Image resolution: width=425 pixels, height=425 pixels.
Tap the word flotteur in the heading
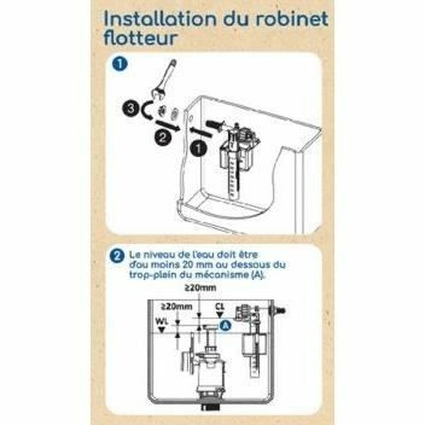pos(140,38)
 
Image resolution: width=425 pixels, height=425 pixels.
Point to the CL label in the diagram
pos(220,307)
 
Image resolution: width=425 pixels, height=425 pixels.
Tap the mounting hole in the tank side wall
pos(191,116)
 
